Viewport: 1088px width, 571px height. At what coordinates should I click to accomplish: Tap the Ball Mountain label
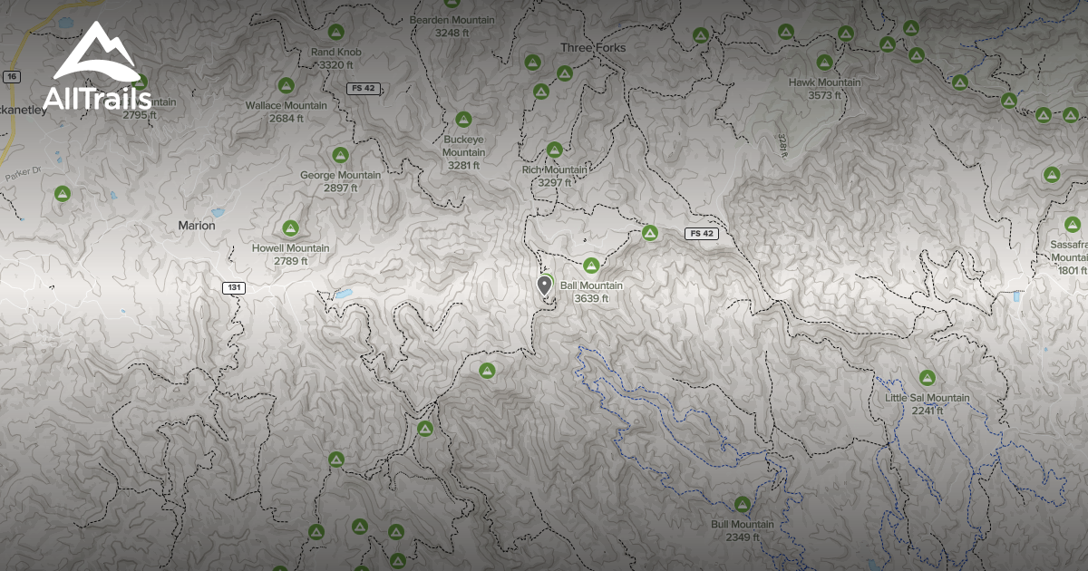[x=591, y=285]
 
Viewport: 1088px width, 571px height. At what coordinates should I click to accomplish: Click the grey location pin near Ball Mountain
[x=544, y=286]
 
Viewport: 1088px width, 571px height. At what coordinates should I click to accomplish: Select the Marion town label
[x=197, y=225]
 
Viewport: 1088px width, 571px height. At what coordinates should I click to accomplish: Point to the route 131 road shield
[x=235, y=287]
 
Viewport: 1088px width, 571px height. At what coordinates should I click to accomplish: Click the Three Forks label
[x=593, y=47]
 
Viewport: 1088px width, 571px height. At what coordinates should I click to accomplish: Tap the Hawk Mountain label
[x=824, y=82]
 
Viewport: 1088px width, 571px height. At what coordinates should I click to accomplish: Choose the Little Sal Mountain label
[x=928, y=398]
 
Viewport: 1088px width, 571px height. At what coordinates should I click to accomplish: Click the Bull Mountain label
[x=743, y=524]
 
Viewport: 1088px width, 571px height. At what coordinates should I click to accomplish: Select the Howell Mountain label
[x=291, y=248]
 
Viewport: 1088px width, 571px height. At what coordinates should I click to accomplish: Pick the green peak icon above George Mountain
[x=340, y=155]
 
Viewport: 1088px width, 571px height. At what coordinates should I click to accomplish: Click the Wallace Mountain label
[x=287, y=105]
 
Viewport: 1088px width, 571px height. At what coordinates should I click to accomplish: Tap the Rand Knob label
[x=335, y=53]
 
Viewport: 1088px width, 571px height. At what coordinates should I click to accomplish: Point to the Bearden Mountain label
[x=452, y=20]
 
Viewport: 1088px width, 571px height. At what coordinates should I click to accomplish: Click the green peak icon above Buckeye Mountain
[x=463, y=119]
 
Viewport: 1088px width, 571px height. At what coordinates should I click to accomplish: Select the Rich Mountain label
[x=554, y=169]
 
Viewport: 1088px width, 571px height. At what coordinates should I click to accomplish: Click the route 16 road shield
[x=11, y=76]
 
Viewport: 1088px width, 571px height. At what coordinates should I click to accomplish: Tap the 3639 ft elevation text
[x=591, y=298]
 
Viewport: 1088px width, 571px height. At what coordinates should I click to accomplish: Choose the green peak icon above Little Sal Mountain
[x=927, y=377]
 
